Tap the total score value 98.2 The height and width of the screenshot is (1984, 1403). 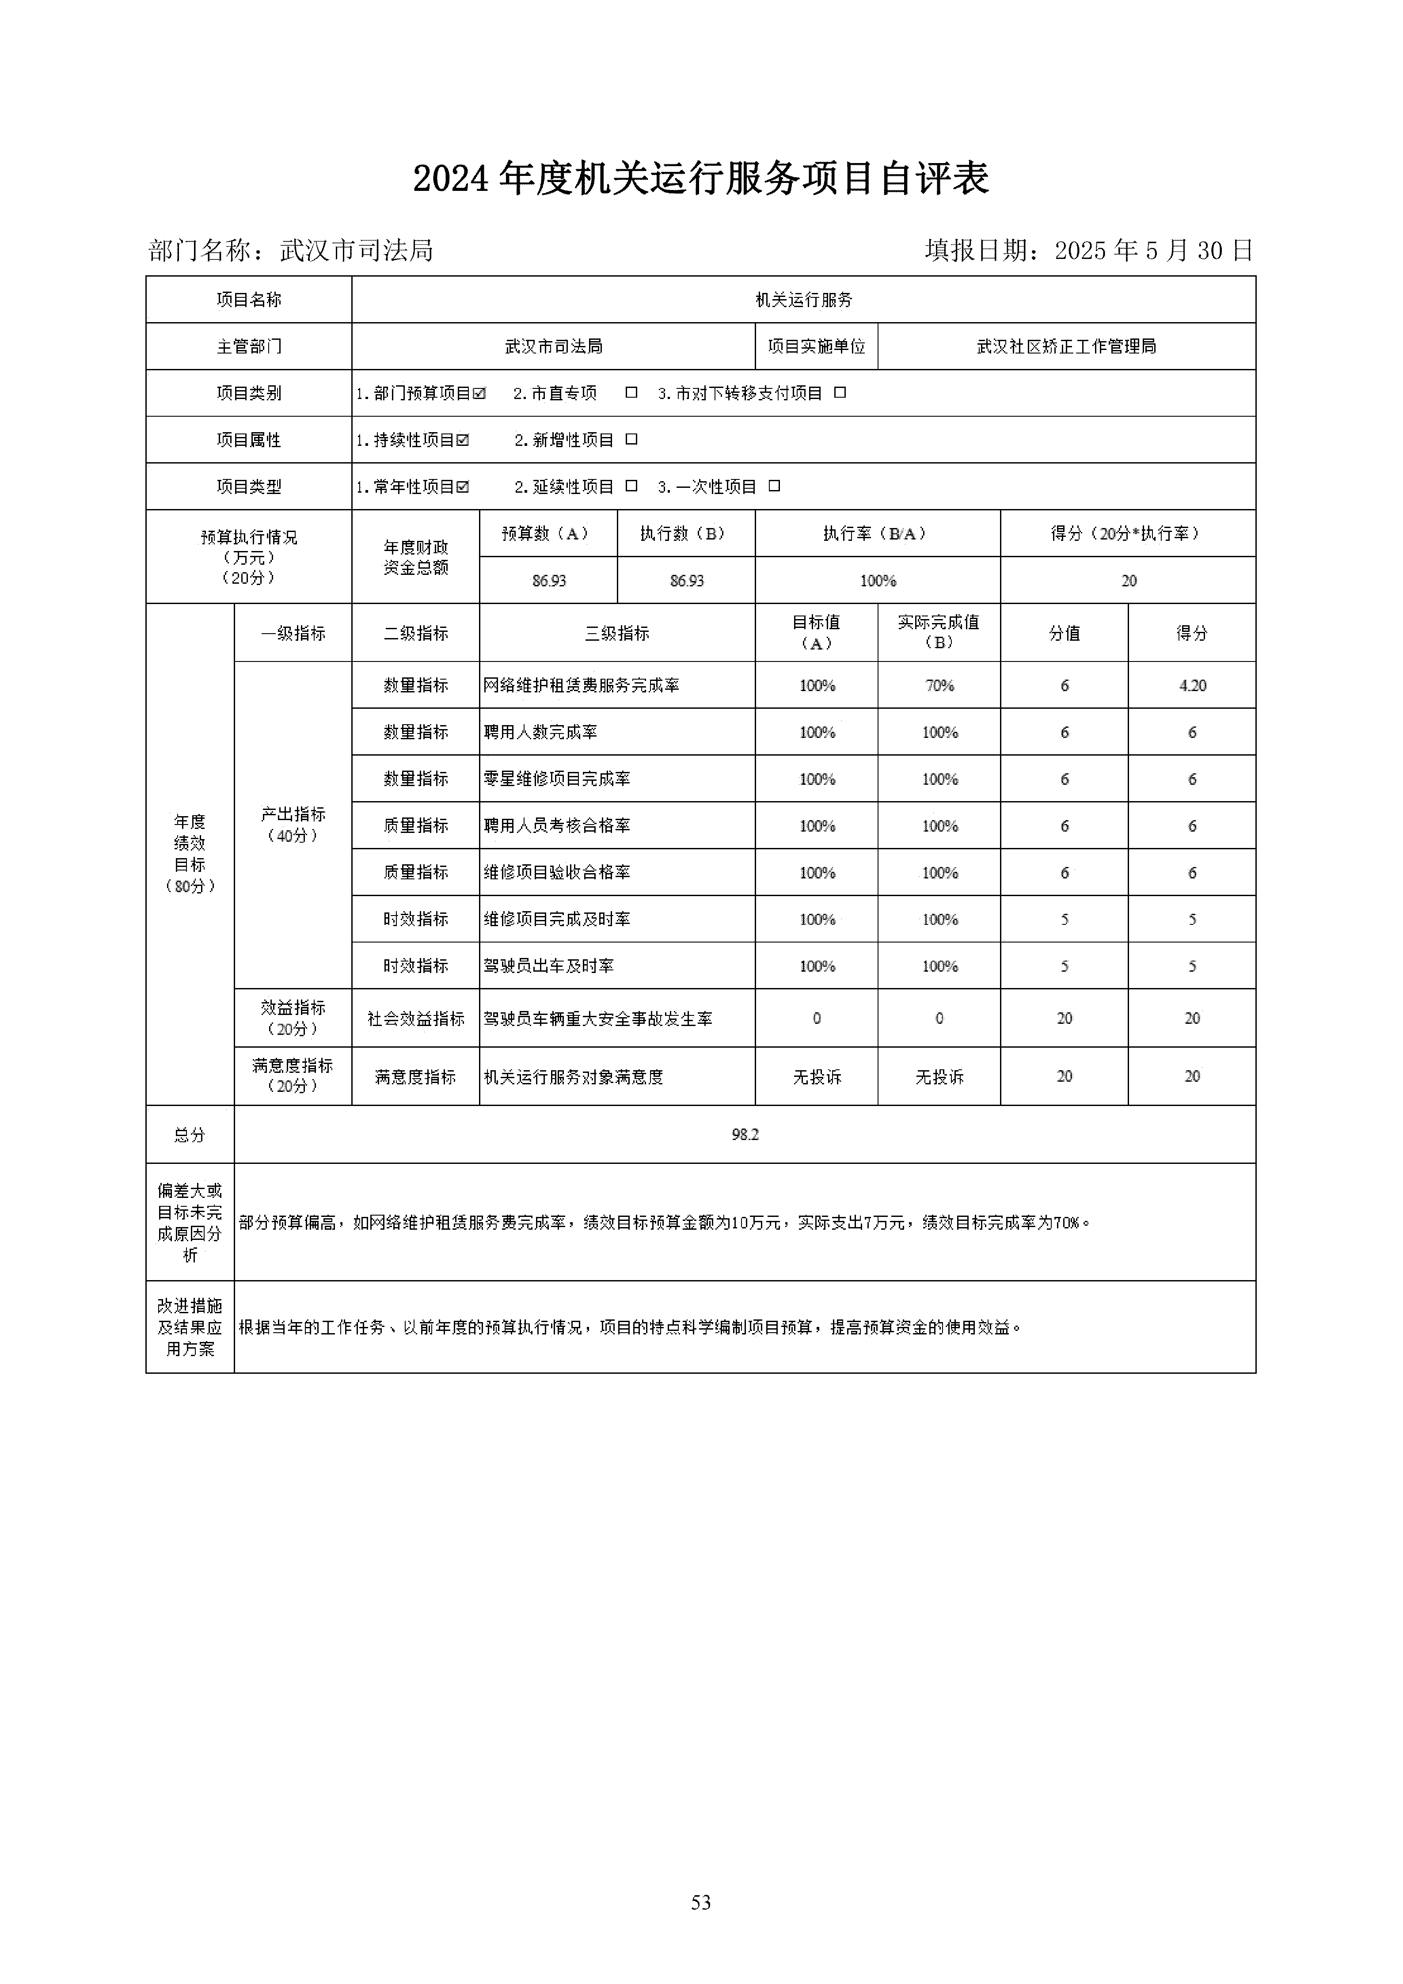pos(745,1135)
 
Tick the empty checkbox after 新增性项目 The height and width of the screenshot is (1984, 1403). pos(631,440)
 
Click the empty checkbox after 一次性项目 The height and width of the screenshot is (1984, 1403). pos(774,486)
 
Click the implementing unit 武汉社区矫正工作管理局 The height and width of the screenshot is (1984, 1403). pos(1066,346)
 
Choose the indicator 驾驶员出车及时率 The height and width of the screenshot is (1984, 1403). pos(548,966)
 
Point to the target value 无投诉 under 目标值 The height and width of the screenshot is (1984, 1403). pos(817,1077)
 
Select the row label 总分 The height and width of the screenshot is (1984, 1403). pos(189,1135)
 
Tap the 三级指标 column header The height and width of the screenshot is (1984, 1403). pos(617,633)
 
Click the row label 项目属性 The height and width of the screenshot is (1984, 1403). pos(249,440)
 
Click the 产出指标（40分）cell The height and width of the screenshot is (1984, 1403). pos(293,825)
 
